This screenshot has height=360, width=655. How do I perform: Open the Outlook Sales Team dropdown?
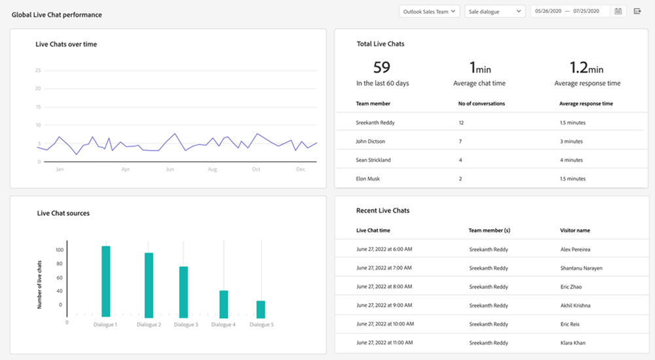(430, 11)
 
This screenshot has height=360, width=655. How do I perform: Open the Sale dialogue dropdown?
(495, 11)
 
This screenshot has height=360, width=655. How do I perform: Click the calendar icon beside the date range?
(618, 11)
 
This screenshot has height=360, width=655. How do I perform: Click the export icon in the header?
(637, 11)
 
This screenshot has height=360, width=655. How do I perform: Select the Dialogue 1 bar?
(106, 281)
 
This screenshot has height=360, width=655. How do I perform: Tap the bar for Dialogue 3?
(183, 291)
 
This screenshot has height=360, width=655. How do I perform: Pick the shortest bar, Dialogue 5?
(261, 309)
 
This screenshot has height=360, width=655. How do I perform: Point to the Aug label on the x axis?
(212, 170)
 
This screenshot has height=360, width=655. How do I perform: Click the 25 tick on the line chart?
(39, 70)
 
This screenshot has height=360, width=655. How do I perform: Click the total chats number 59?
(382, 67)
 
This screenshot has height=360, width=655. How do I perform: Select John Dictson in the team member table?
(370, 141)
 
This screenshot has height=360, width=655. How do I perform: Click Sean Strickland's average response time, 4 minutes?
(571, 160)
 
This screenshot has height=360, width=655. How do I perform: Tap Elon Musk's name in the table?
(367, 179)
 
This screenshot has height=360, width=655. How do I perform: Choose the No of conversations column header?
(481, 103)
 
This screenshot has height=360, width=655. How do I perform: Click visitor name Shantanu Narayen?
(581, 268)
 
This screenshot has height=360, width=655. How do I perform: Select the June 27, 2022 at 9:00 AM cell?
(384, 306)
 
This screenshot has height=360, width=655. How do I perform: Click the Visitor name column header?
(574, 230)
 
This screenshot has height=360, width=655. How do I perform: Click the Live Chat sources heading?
(64, 213)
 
